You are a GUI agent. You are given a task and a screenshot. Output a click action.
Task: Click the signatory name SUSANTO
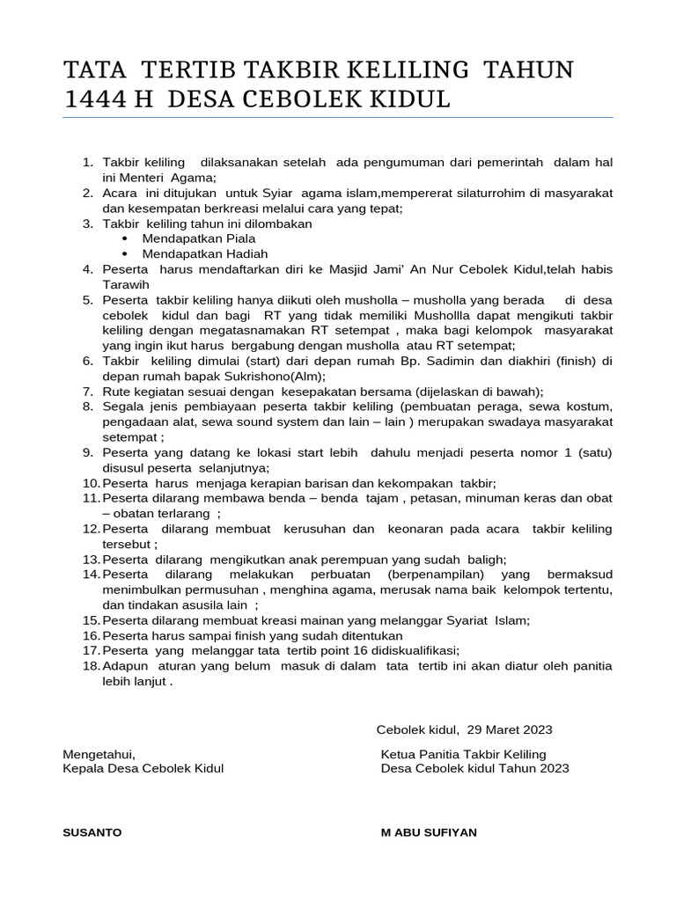click(x=92, y=832)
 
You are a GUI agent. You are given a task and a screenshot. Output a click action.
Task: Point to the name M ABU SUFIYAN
click(x=429, y=832)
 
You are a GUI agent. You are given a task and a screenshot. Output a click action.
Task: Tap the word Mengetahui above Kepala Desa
click(x=99, y=755)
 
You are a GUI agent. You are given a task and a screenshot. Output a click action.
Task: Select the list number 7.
click(x=87, y=392)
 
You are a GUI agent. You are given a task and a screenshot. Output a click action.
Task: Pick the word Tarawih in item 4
click(x=126, y=284)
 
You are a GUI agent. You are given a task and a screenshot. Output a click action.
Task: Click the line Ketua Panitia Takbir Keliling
click(x=463, y=755)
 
